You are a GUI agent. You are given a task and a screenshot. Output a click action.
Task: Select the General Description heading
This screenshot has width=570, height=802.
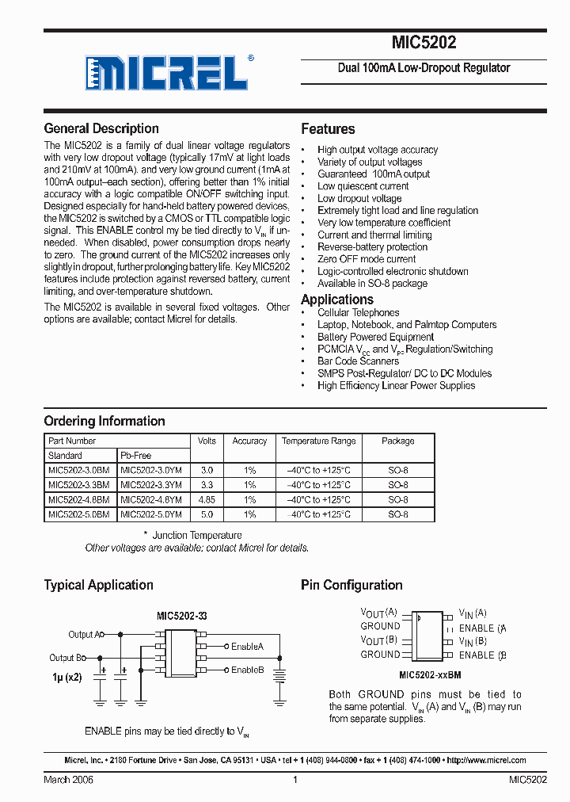[101, 128]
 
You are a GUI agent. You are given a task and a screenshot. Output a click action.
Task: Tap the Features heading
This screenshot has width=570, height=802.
[328, 129]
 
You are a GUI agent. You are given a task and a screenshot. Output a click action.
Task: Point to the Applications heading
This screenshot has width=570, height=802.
[337, 300]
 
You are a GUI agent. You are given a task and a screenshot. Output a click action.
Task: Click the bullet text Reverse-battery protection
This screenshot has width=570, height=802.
[372, 247]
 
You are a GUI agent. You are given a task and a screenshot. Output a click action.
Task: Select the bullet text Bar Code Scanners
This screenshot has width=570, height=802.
[358, 361]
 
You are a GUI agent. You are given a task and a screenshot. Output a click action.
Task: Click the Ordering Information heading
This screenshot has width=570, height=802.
[104, 421]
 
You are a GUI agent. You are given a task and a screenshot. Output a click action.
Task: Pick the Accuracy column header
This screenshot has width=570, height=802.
[249, 441]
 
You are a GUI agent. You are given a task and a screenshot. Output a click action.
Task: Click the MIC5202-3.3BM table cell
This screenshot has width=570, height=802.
[78, 485]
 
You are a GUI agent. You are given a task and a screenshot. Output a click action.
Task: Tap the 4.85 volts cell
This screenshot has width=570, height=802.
[206, 500]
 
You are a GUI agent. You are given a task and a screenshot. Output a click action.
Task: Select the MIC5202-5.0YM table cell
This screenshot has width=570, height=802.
[150, 514]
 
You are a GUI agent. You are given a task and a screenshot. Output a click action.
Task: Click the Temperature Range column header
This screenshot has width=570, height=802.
[318, 441]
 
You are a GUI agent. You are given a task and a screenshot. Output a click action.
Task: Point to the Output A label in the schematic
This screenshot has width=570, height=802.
[82, 635]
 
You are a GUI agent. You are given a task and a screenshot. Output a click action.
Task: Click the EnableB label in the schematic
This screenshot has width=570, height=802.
[247, 670]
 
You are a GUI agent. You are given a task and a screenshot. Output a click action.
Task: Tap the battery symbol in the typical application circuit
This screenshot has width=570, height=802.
[279, 675]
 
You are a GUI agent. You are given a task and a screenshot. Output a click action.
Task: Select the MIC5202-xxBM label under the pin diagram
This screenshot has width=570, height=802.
[430, 674]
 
